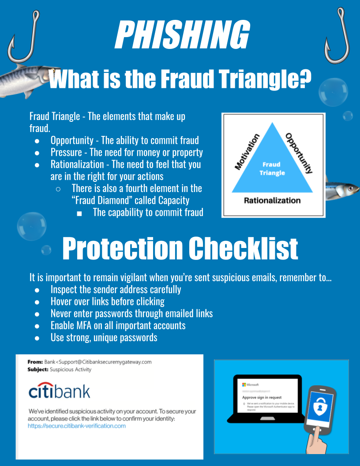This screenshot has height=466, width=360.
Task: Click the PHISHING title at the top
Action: pyautogui.click(x=181, y=35)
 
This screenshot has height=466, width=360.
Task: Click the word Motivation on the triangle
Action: pyautogui.click(x=247, y=152)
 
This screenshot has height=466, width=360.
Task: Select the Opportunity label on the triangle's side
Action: pyautogui.click(x=299, y=152)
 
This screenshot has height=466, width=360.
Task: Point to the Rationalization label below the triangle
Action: pyautogui.click(x=272, y=200)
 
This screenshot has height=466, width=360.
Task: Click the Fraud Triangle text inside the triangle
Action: pyautogui.click(x=272, y=169)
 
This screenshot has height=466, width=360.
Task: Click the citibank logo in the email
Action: pyautogui.click(x=59, y=391)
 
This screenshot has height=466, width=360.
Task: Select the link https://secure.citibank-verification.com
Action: pyautogui.click(x=77, y=426)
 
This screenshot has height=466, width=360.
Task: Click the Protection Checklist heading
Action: pyautogui.click(x=180, y=248)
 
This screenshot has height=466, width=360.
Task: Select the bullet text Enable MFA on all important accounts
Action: pyautogui.click(x=118, y=326)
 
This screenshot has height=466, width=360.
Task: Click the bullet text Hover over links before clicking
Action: pyautogui.click(x=107, y=302)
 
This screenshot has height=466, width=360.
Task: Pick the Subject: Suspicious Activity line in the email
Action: pyautogui.click(x=60, y=369)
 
